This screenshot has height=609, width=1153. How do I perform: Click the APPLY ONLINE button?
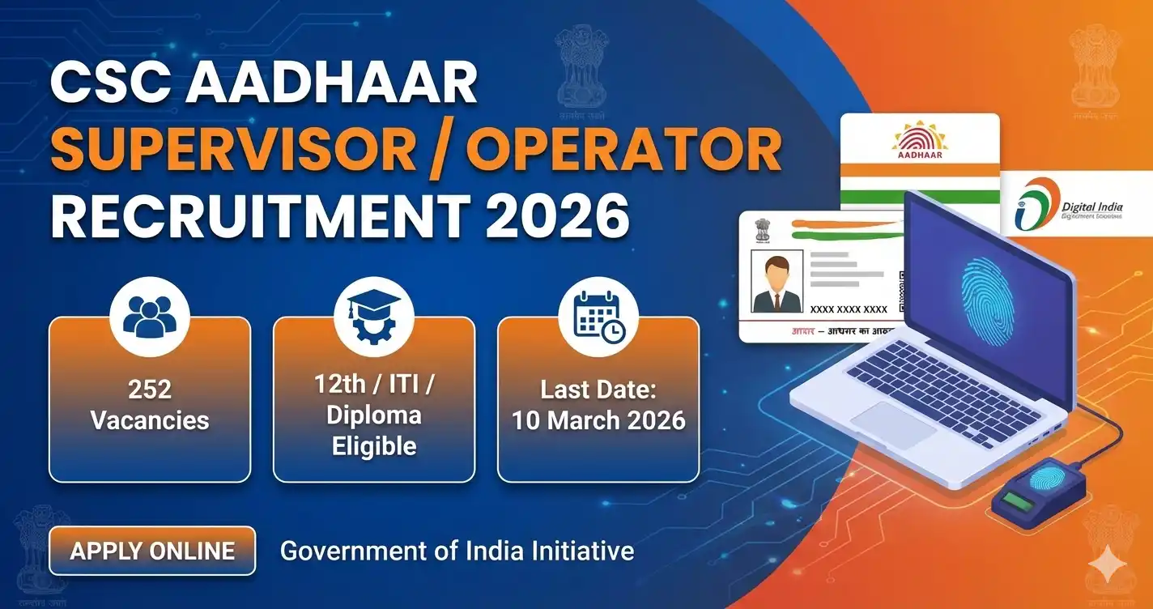[152, 552]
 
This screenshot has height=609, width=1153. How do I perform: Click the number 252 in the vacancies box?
[150, 390]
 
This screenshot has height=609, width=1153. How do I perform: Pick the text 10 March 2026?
[598, 420]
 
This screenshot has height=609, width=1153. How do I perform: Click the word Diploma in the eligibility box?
[373, 415]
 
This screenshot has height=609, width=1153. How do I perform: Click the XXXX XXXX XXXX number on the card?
[848, 309]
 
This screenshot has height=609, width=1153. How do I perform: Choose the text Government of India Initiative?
[457, 552]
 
